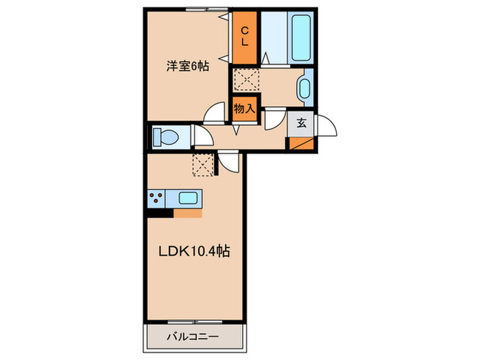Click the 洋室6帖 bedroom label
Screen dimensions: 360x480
click(x=187, y=67)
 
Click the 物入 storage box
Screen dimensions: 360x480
click(x=244, y=108)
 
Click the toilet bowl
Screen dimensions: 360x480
click(x=165, y=136)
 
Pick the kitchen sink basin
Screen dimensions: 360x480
click(x=189, y=199)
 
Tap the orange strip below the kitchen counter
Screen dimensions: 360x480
click(x=187, y=213)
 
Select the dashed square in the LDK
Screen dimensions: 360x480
click(x=204, y=164)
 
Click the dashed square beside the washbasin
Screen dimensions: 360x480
click(x=244, y=79)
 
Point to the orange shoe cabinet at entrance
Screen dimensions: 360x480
click(x=300, y=144)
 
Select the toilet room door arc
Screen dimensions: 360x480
click(x=203, y=135)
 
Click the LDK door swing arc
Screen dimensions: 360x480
click(x=228, y=163)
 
